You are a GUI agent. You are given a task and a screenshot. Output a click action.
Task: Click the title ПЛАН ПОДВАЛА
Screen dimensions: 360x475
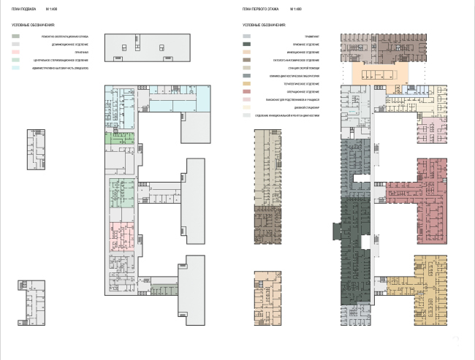coord(23,9)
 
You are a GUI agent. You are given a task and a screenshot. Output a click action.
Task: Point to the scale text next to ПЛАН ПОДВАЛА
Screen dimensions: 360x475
coord(50,9)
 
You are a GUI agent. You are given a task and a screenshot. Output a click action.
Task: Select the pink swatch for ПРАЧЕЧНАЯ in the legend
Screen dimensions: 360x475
coord(16,52)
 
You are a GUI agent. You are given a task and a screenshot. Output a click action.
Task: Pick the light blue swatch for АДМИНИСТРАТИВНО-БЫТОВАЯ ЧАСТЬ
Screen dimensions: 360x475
coord(16,67)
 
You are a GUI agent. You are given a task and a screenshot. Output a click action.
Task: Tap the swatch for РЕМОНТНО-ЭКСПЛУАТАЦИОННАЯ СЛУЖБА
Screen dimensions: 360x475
coord(16,36)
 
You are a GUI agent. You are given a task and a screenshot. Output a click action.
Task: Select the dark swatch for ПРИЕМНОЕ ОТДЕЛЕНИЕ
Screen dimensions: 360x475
coord(247,44)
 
